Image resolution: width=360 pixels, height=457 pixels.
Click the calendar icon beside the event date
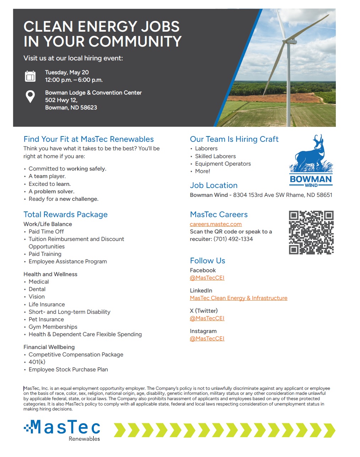pos(30,76)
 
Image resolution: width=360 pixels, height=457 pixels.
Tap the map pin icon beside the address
pos(30,96)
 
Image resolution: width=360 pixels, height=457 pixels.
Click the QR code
pos(311,232)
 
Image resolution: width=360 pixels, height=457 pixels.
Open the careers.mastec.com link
pos(216,224)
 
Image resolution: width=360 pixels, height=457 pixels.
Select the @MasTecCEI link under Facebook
pos(207,278)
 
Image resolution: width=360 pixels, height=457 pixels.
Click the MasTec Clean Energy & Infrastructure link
pos(238,298)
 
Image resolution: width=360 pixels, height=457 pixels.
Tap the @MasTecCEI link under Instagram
pos(207,339)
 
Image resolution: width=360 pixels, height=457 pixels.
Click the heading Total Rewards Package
pos(65,215)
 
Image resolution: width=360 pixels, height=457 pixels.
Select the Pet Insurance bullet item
pos(46,319)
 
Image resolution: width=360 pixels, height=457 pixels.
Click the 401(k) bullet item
pos(37,362)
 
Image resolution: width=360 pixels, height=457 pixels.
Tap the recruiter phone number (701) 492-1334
pos(233,239)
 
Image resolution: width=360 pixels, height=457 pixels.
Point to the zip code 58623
pos(89,108)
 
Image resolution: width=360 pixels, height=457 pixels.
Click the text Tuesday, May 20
pos(67,72)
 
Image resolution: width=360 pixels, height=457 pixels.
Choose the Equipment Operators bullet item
pos(223,164)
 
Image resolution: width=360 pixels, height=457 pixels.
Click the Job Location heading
pos(214,186)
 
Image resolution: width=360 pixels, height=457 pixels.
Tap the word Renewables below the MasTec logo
pos(84,439)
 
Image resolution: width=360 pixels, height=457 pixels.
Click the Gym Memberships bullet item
pos(53,327)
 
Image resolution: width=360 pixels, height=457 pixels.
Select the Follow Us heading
pos(208,261)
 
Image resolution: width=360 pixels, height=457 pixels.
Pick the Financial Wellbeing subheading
pos(49,347)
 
